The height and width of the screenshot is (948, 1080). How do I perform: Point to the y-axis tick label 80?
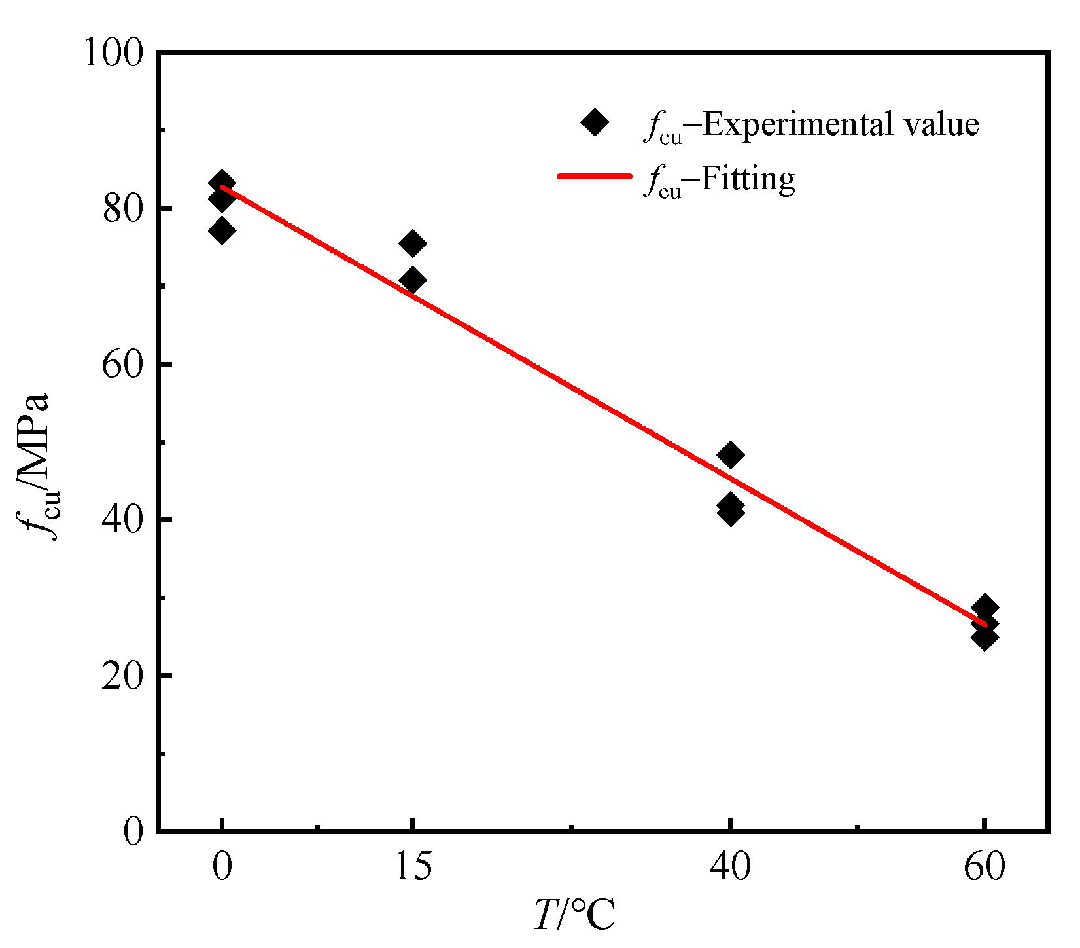(122, 209)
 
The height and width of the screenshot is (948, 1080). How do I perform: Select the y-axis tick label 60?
(122, 365)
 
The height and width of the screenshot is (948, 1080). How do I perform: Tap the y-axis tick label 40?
(122, 520)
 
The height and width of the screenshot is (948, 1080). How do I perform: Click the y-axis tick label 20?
(122, 676)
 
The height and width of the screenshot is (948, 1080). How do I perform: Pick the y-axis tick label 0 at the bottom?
(133, 832)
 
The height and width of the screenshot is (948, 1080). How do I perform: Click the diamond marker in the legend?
(595, 122)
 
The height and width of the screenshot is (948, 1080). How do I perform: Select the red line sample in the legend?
(594, 176)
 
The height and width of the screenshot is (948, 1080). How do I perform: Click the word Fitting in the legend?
(748, 178)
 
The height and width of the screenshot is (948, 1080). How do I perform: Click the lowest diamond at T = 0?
(222, 230)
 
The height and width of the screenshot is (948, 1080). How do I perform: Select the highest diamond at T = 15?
(413, 244)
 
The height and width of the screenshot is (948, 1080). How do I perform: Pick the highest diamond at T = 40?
(730, 454)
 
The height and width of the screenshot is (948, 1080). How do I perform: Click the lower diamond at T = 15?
(413, 280)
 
